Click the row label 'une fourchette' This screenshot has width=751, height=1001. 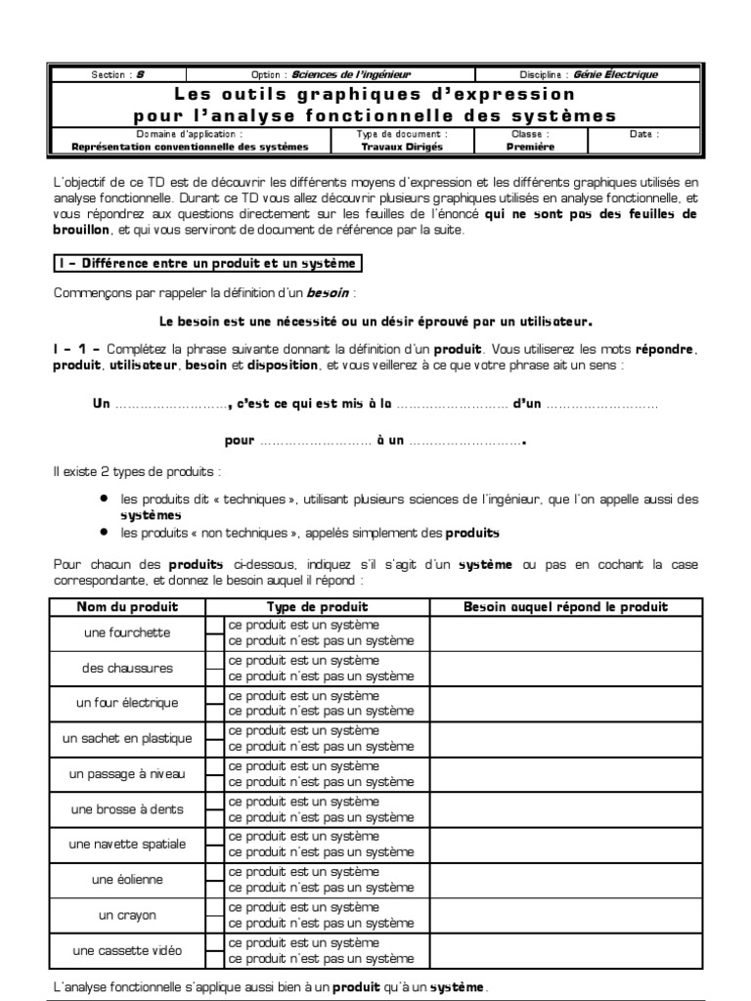[127, 632]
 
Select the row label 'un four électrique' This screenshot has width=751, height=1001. [127, 703]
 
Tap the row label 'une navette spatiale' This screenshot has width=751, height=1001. [127, 844]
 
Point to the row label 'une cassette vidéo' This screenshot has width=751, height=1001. [127, 950]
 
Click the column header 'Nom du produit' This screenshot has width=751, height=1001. [127, 607]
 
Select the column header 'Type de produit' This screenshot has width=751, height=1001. [318, 607]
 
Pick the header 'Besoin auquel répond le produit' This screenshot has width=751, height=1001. [565, 607]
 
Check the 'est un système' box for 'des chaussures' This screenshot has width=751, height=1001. [214, 661]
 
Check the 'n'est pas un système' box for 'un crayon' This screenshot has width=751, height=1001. [214, 924]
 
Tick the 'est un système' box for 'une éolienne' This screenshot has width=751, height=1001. [214, 872]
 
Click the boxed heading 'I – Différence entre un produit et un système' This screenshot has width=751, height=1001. [206, 263]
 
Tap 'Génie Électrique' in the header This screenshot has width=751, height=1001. [617, 74]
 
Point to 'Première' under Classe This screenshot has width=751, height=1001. [530, 147]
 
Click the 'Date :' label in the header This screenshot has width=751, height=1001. [643, 134]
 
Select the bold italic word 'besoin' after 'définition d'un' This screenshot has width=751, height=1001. [330, 292]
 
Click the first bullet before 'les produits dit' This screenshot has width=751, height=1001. [104, 499]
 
